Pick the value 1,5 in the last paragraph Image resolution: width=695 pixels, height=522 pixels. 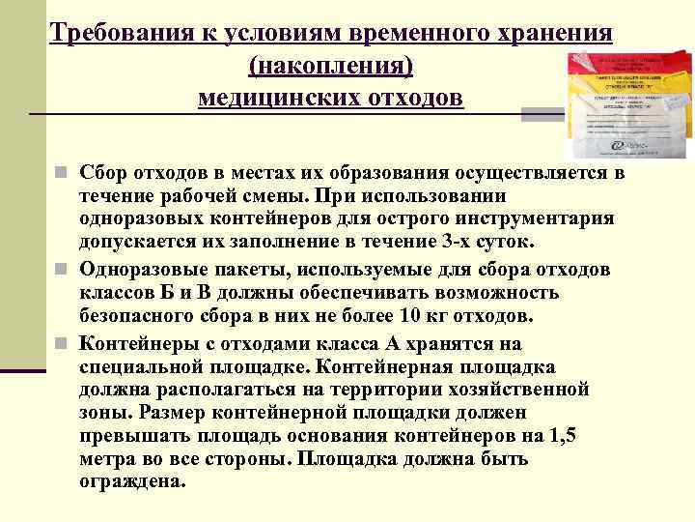tap(557, 436)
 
